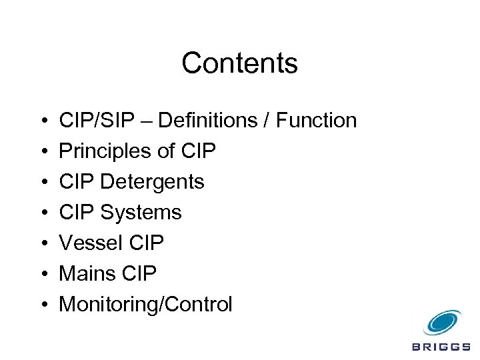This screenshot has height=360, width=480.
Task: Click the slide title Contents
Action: [239, 64]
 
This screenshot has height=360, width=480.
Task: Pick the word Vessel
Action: [89, 243]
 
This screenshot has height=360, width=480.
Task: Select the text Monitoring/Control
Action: [146, 305]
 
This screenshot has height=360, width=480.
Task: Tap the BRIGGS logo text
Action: [441, 347]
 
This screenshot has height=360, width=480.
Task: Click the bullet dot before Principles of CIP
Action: [43, 152]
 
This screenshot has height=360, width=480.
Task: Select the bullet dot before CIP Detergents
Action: [43, 183]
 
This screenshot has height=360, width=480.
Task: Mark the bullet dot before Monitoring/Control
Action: [43, 305]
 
